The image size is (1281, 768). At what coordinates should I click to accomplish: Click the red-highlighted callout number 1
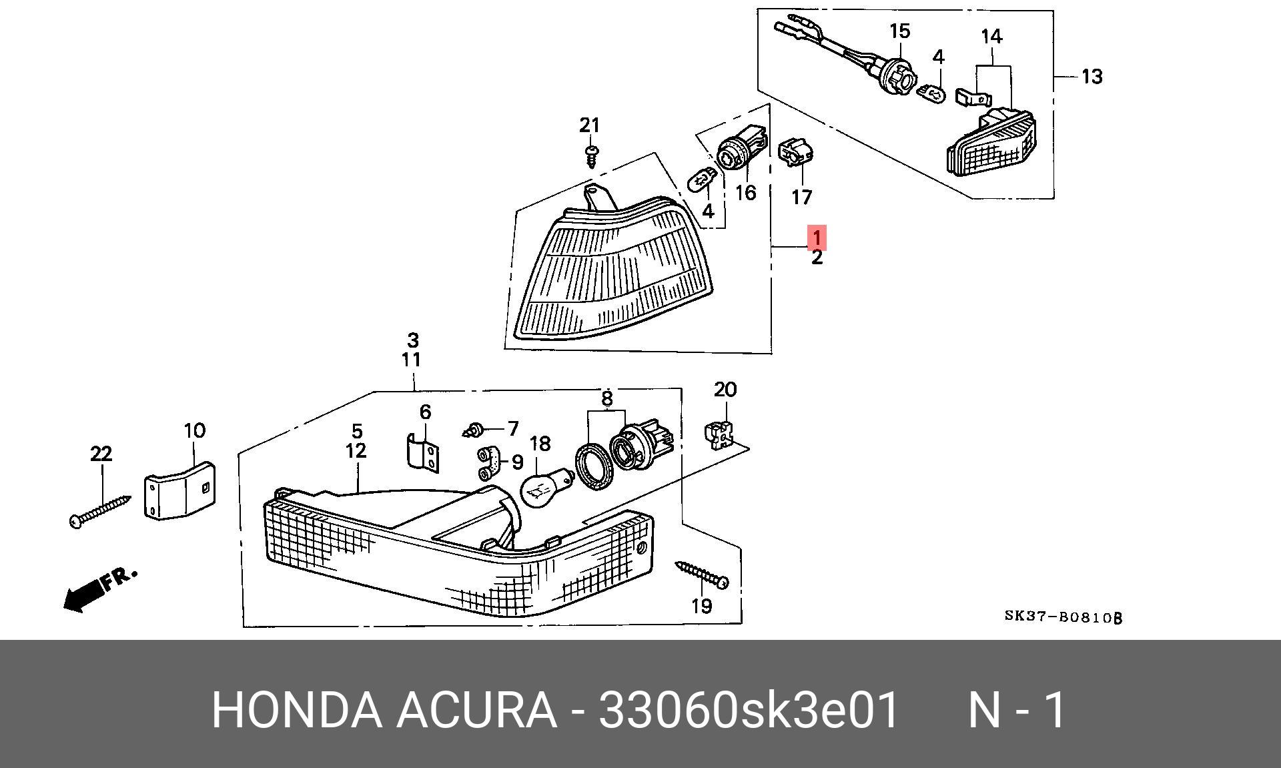click(817, 237)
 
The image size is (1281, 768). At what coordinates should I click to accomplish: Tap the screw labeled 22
click(100, 510)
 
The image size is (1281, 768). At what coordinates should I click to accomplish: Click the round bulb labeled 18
click(544, 488)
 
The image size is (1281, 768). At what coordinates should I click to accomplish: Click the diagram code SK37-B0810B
click(1063, 617)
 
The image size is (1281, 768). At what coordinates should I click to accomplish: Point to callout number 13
click(1092, 77)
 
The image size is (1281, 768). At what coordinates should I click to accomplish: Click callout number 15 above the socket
click(899, 31)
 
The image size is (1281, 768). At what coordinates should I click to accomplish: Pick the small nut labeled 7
click(474, 429)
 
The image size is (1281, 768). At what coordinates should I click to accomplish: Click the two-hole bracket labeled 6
click(423, 452)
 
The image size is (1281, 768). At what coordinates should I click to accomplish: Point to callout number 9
click(516, 462)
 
